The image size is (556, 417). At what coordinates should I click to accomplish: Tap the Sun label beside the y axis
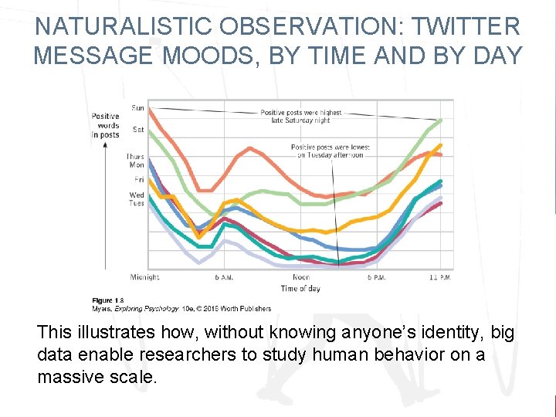(x=137, y=108)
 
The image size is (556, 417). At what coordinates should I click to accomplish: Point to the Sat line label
(x=137, y=129)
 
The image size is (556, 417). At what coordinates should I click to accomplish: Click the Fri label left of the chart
(x=139, y=180)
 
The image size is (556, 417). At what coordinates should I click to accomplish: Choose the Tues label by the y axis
(x=137, y=203)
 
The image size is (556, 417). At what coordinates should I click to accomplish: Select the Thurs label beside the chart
(x=136, y=157)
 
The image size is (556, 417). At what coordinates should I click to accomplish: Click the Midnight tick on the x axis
(x=144, y=277)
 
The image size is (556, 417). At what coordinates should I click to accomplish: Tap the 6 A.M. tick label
(x=224, y=277)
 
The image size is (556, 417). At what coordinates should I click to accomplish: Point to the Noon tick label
(x=301, y=277)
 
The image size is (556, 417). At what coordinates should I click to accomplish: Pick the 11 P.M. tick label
(x=441, y=277)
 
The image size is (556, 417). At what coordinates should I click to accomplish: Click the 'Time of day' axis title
(x=300, y=289)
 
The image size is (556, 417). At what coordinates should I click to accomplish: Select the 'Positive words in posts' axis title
(x=106, y=125)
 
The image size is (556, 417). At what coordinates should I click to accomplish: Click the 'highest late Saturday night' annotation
(x=300, y=117)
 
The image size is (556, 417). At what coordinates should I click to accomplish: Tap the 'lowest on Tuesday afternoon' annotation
(x=330, y=151)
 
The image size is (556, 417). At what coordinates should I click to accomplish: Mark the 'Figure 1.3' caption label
(x=107, y=300)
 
